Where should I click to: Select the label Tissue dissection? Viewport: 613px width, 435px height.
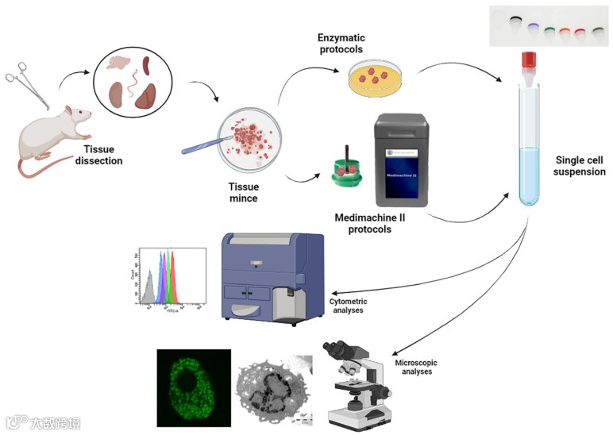click(x=102, y=154)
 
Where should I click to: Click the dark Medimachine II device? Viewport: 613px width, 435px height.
click(x=402, y=159)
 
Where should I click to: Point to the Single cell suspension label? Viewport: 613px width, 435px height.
click(x=579, y=165)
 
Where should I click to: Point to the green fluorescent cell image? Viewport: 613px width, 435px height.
click(x=193, y=387)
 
